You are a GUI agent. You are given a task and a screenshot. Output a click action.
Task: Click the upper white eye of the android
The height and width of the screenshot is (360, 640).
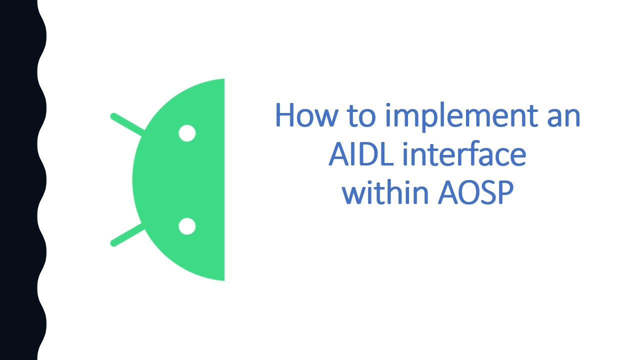[187, 133]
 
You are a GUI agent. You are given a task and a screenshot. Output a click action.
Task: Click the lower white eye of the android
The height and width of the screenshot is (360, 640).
[187, 226]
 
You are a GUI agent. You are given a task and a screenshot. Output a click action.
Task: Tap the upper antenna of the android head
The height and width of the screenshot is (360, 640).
[126, 124]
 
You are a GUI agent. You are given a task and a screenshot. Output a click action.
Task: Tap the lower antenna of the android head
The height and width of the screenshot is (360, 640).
[126, 235]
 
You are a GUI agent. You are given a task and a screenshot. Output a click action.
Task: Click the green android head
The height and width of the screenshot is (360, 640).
[170, 180]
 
